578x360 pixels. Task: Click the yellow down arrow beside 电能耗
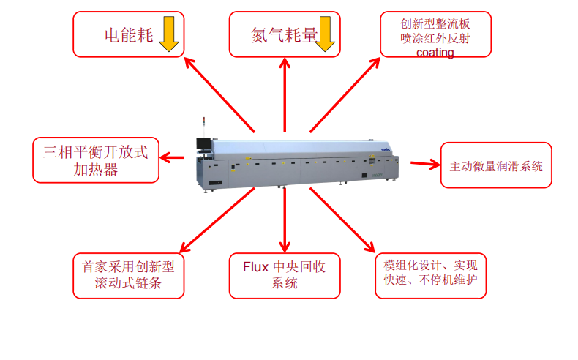[x=169, y=34]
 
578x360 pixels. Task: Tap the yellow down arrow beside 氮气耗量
[x=325, y=34]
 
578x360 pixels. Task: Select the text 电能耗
[x=129, y=35]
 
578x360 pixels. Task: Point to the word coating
[x=435, y=53]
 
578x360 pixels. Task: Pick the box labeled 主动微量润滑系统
[x=495, y=165]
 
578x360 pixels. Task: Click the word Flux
[x=256, y=266]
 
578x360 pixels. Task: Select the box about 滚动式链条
[x=128, y=275]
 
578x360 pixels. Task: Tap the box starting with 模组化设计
[x=430, y=274]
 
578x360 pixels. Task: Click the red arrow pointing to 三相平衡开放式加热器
[x=173, y=157]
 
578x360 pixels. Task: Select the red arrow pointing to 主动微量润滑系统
[x=424, y=163]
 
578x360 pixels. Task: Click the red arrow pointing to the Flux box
[x=285, y=220]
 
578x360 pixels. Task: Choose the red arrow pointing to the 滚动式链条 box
[x=217, y=220]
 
